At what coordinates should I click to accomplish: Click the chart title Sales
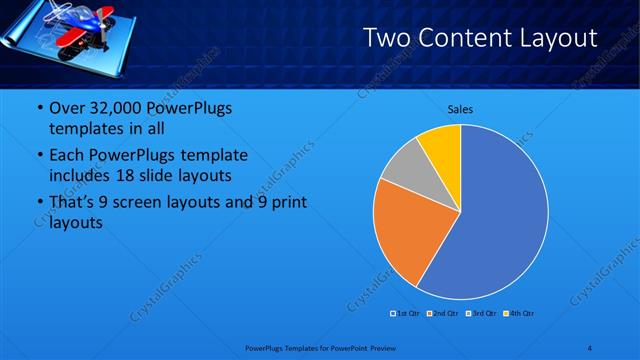[460, 109]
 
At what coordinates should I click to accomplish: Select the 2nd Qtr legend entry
[444, 313]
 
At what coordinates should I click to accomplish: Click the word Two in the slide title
[385, 38]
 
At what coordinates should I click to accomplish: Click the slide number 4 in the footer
[590, 348]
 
